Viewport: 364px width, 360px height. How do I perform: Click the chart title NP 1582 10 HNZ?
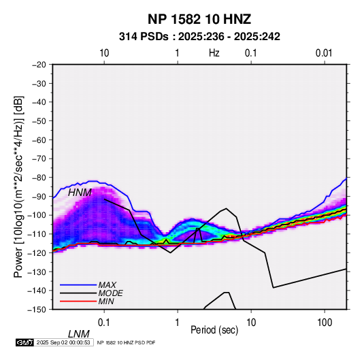(x=199, y=19)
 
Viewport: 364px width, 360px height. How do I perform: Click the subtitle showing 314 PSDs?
(x=199, y=37)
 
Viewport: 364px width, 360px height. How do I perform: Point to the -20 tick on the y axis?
(x=39, y=65)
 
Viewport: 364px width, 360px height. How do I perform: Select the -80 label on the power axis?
(x=39, y=178)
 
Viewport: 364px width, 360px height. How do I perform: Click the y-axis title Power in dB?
(x=18, y=186)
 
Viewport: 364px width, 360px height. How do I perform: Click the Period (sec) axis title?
(x=214, y=330)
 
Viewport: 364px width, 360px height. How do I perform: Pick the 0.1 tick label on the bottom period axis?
(x=104, y=323)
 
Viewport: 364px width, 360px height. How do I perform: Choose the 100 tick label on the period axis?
(x=325, y=323)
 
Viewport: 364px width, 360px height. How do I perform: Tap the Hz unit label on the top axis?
(x=214, y=53)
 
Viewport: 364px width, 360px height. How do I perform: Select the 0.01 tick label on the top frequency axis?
(x=324, y=53)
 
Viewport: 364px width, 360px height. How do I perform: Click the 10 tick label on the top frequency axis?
(x=104, y=53)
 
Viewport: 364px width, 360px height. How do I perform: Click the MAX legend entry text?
(x=107, y=284)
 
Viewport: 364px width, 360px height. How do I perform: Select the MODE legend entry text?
(x=110, y=293)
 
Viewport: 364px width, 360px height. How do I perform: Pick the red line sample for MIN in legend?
(x=78, y=301)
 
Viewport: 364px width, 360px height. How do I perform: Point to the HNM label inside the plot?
(x=80, y=193)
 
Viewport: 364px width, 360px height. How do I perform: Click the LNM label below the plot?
(x=79, y=334)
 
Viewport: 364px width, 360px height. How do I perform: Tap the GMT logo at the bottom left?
(x=25, y=342)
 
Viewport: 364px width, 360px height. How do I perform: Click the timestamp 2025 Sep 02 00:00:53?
(x=63, y=342)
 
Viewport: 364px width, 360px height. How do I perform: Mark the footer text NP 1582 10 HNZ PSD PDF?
(x=126, y=342)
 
